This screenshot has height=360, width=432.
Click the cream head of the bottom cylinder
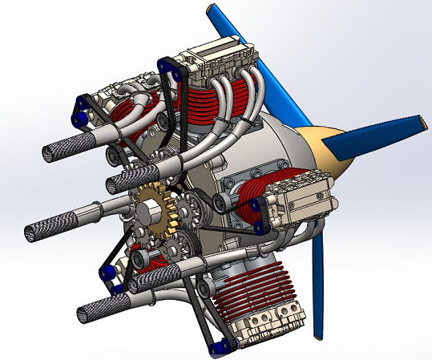click(x=268, y=325)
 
